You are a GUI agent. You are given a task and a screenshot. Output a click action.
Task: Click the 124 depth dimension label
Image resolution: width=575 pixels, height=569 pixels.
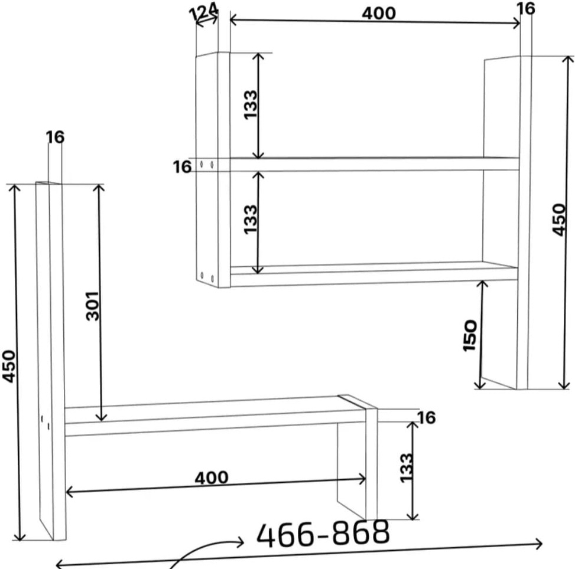coord(203,11)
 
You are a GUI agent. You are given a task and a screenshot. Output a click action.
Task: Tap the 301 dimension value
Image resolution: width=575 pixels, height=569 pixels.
coord(93,306)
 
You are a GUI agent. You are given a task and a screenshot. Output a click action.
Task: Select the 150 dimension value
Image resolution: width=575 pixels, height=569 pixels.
coord(470,336)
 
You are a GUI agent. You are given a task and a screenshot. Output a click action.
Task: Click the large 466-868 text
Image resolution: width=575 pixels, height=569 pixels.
coord(323,533)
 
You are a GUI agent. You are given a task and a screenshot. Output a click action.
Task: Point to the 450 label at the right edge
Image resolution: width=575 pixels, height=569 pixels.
coord(560,220)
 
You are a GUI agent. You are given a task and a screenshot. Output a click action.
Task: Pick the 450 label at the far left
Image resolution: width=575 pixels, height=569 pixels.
coord(9,367)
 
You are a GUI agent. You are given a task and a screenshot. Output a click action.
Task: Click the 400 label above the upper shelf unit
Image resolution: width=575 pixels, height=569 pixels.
coord(379,14)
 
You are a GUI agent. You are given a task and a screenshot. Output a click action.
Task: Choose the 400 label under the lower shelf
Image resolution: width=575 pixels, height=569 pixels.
coord(212,478)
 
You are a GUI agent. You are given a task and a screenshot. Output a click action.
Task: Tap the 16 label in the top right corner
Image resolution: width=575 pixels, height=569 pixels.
coord(525,8)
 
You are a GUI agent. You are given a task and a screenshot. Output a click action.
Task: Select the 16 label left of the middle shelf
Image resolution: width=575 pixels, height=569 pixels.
coord(182,167)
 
